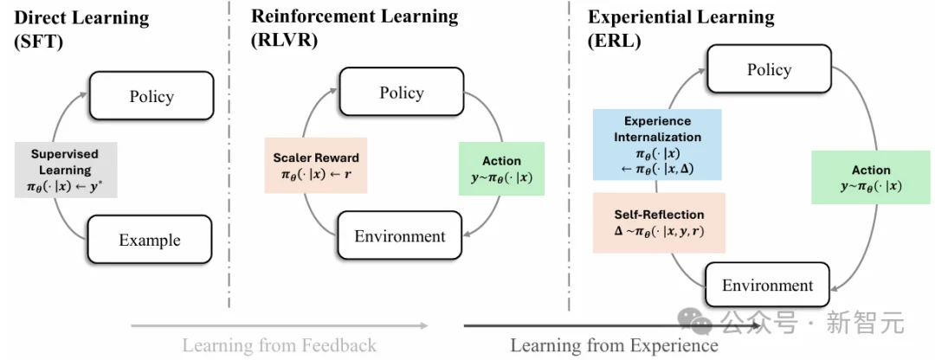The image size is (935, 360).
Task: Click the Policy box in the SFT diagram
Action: pos(152,96)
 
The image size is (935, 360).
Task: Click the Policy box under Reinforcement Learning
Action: pos(402,93)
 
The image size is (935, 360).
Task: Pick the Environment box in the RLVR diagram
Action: pos(400,235)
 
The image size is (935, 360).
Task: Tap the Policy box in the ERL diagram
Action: pos(769,70)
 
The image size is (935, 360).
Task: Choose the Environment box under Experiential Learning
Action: pos(768,285)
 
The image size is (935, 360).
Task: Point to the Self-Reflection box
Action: pos(659,222)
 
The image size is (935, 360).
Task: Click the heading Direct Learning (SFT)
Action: pos(82,29)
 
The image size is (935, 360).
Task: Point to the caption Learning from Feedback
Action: pos(279,345)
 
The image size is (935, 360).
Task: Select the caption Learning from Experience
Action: pos(614,345)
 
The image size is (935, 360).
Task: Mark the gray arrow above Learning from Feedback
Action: pos(279,326)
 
